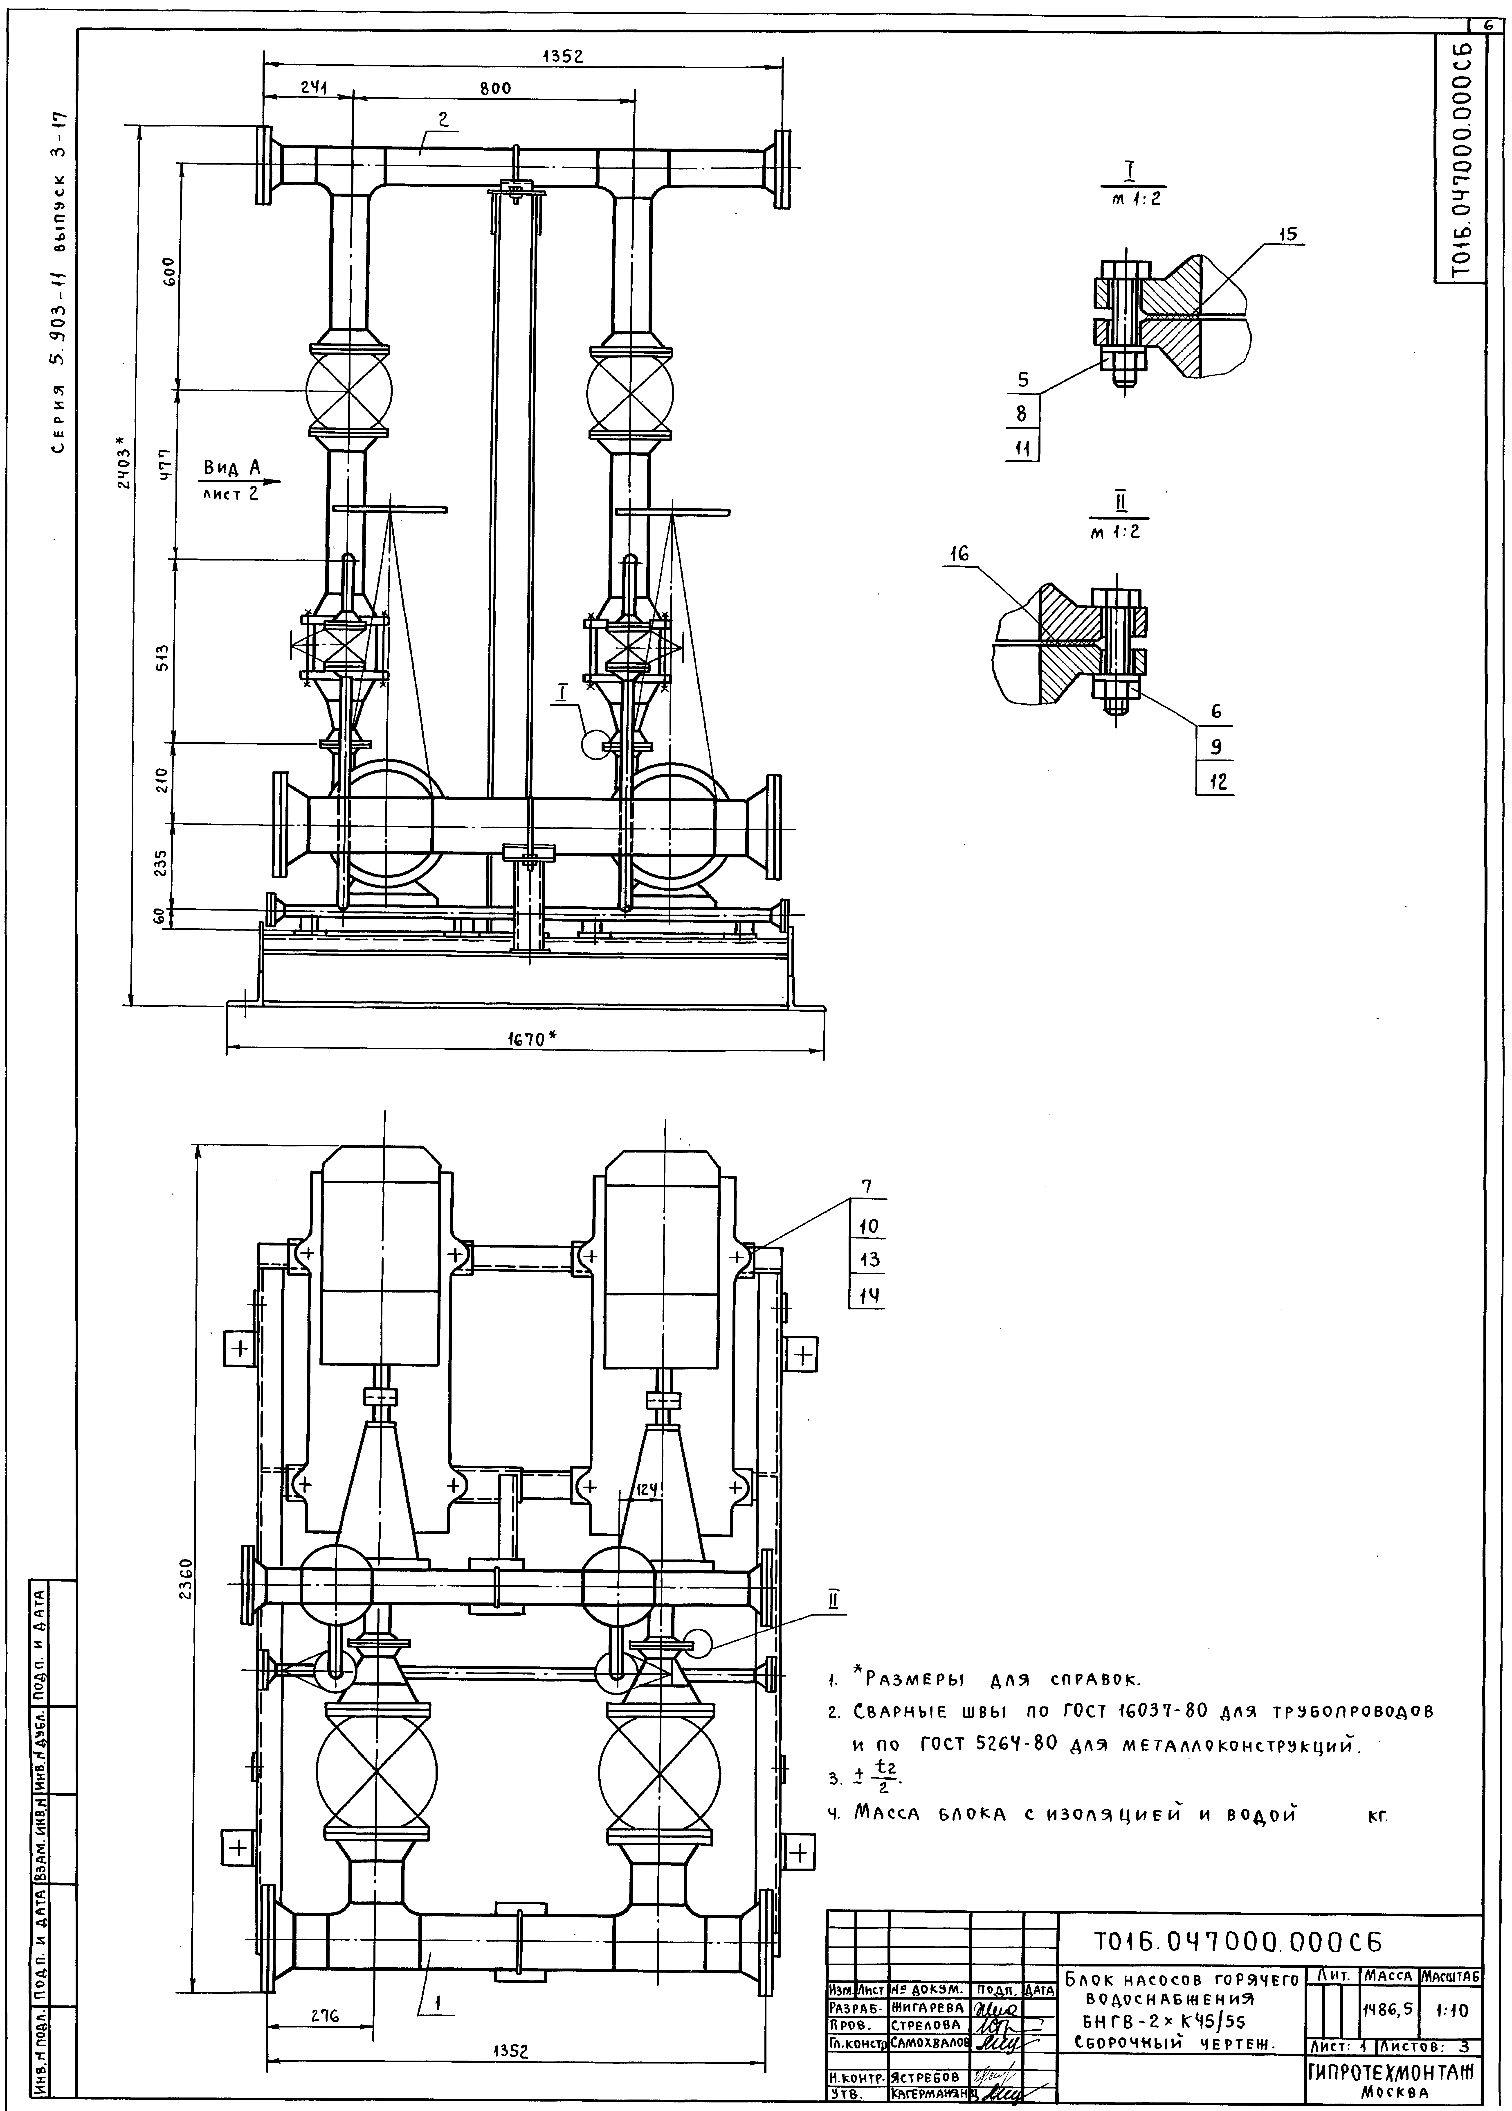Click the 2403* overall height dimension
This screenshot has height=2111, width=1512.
117,475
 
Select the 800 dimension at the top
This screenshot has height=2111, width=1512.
495,88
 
